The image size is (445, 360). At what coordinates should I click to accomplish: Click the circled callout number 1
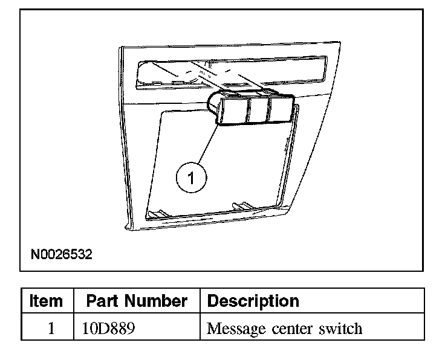191,178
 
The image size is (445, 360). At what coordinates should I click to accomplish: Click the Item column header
47,301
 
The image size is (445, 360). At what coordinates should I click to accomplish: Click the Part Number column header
137,301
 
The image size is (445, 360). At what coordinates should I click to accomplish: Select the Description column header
253,301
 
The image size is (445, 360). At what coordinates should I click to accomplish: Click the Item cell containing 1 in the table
50,329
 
